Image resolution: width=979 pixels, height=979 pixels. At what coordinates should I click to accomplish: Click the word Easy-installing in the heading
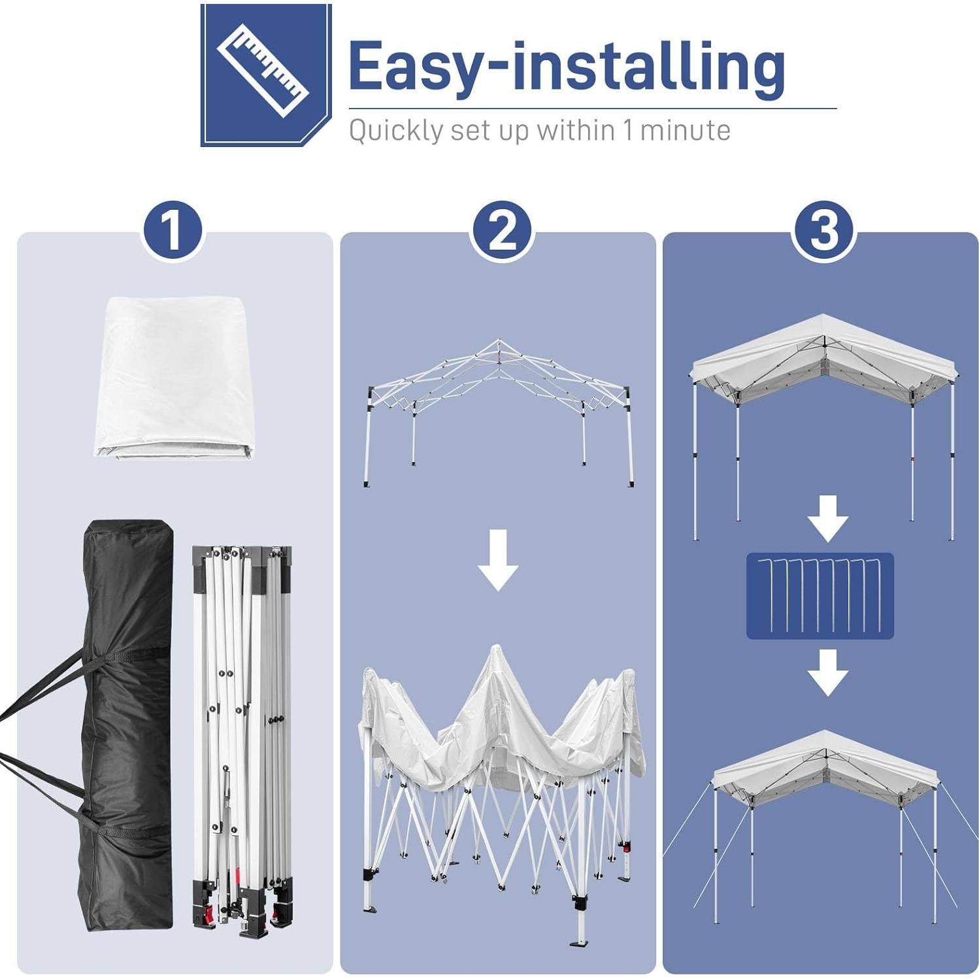coord(566,67)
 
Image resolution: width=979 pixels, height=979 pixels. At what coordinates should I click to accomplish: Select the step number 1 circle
coord(173,230)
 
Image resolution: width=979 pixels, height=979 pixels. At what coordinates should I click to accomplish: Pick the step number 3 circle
coord(824,230)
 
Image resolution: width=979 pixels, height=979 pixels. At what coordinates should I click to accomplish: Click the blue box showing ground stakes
coord(820,595)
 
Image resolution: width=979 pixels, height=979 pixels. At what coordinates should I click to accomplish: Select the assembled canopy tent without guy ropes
coord(824,418)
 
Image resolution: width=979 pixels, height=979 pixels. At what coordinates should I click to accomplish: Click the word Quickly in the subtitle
coord(396,131)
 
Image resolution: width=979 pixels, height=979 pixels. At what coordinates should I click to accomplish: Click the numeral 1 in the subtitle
coord(627,130)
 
